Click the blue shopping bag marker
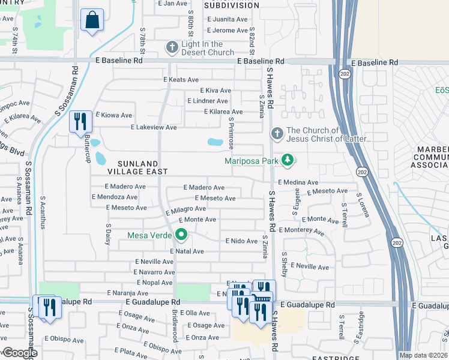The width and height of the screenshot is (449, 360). pyautogui.click(x=92, y=20)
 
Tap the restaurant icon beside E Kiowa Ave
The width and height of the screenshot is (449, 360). pyautogui.click(x=80, y=122)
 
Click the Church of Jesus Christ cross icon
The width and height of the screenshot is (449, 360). pyautogui.click(x=277, y=134)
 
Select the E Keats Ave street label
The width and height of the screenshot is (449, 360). pyautogui.click(x=181, y=80)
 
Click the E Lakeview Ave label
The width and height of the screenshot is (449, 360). pyautogui.click(x=154, y=127)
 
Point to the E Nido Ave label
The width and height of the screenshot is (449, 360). pyautogui.click(x=241, y=241)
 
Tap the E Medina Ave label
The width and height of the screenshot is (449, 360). pyautogui.click(x=298, y=182)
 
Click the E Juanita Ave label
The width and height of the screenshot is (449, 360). pyautogui.click(x=228, y=19)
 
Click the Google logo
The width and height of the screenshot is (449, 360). pyautogui.click(x=20, y=353)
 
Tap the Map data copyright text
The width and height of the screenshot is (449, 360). pyautogui.click(x=423, y=355)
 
